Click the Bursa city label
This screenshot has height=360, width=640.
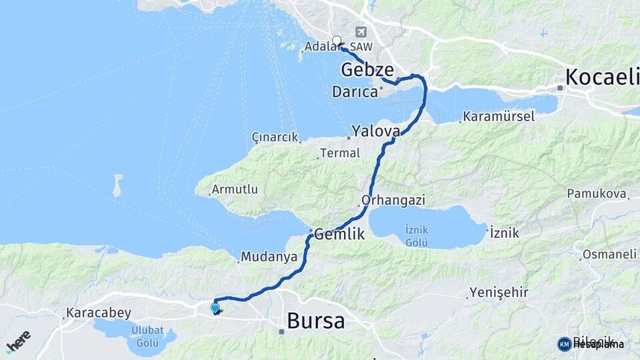316,321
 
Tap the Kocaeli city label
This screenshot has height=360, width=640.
601,77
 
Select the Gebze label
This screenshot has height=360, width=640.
367,69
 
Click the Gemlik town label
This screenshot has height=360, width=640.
339,234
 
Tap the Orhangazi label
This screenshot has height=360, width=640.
393,200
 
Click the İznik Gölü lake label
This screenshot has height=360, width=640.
417,235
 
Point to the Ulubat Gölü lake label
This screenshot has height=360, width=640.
146,337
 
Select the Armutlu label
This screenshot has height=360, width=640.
234,189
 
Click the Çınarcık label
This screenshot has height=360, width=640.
274,137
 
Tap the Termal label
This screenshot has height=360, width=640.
340,153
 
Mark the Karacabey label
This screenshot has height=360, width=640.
99,313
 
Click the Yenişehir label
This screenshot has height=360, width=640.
499,292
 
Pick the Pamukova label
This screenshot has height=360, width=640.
597,193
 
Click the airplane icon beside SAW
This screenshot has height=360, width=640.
361,31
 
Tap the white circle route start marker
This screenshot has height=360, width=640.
337,40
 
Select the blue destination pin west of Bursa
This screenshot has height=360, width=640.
215,308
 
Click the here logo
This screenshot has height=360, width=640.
19,341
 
